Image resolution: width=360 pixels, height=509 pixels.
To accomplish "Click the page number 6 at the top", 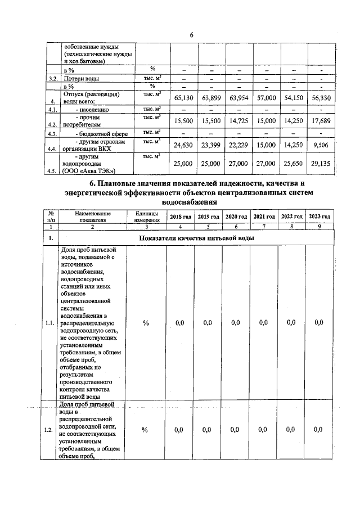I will pyautogui.click(x=191, y=35).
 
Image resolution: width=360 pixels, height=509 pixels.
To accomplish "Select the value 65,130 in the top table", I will pyautogui.click(x=184, y=98).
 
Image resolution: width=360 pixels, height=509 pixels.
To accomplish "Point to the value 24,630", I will pyautogui.click(x=184, y=145).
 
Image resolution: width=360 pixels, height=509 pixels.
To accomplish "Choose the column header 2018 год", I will pyautogui.click(x=181, y=217).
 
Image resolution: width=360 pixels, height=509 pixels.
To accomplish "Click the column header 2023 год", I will pyautogui.click(x=319, y=217).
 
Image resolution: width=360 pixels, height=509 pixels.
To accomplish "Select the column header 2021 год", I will pyautogui.click(x=264, y=217).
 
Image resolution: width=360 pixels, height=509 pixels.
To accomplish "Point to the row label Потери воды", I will pyautogui.click(x=79, y=78).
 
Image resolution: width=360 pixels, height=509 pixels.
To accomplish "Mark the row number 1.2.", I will pyautogui.click(x=49, y=430).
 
